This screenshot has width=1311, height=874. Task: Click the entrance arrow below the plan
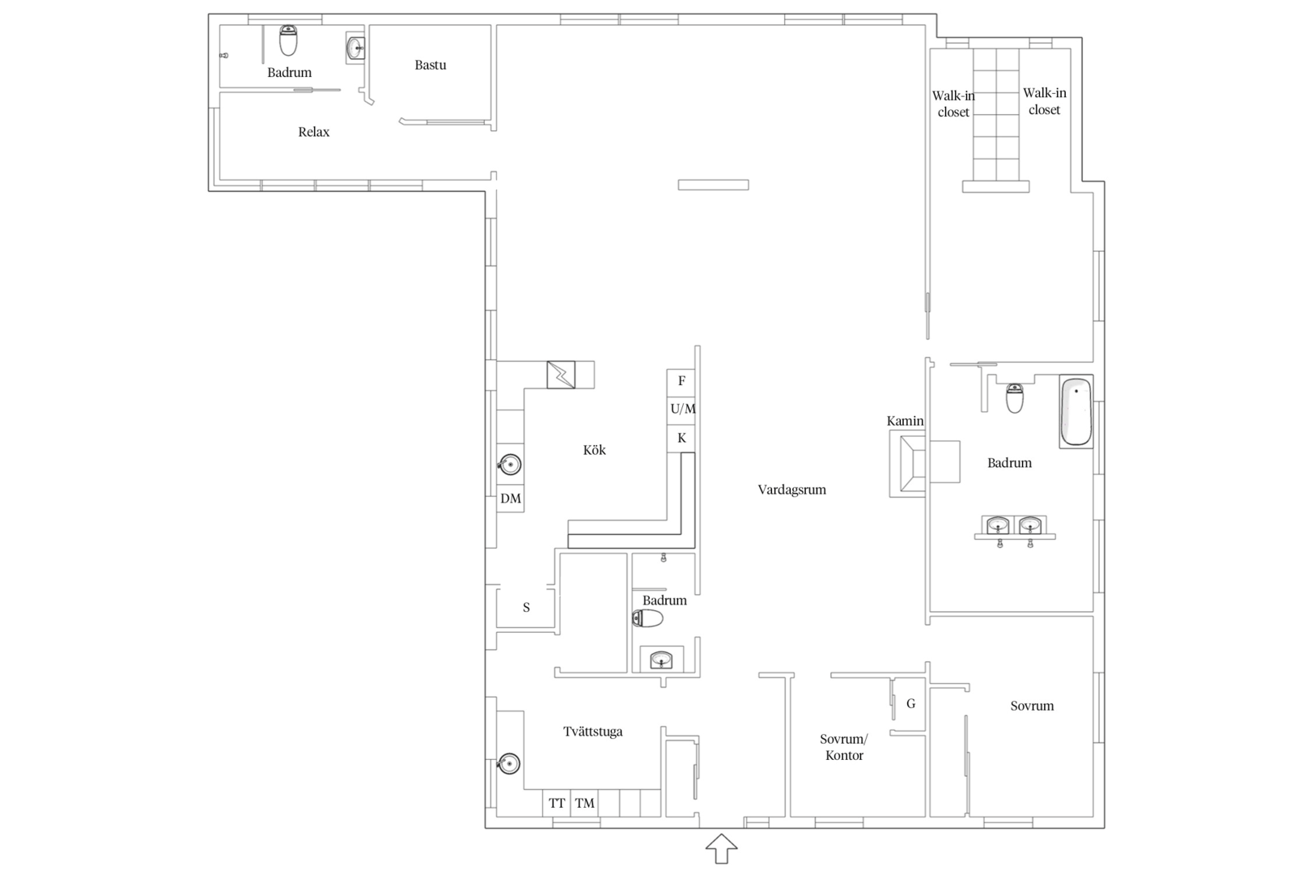(721, 849)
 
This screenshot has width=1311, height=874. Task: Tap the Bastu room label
(431, 65)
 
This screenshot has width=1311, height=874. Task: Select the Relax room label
(314, 132)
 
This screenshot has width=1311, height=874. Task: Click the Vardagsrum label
(792, 490)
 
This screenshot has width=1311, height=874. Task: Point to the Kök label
(594, 450)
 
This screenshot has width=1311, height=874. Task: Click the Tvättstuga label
(593, 731)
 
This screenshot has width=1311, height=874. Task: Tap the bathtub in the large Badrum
(1076, 412)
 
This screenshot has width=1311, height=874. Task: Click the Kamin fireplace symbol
(907, 464)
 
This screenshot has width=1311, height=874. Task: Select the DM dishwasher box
(511, 499)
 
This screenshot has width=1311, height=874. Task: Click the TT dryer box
(557, 803)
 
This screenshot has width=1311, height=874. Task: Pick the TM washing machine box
(584, 803)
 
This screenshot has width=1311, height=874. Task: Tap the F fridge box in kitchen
(681, 381)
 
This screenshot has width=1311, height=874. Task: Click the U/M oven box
(682, 409)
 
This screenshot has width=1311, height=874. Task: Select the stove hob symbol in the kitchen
(561, 375)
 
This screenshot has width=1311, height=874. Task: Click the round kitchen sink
(509, 465)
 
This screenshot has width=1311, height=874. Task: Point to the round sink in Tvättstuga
(508, 764)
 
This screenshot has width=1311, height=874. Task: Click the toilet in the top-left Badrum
(288, 40)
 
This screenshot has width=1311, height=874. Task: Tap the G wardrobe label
(910, 703)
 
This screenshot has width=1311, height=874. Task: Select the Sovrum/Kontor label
(844, 747)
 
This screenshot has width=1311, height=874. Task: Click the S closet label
(526, 608)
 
